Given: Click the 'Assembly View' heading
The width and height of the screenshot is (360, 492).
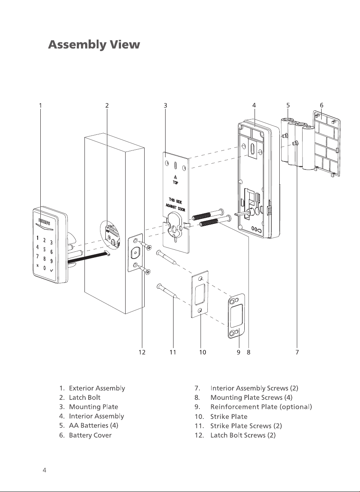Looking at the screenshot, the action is pos(94,45).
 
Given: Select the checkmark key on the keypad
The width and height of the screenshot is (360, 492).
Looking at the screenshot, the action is pos(51,270).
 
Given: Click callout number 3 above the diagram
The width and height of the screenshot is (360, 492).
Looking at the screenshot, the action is pos(165,105).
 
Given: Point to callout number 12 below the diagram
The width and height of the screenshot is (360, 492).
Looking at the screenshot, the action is pos(142,352).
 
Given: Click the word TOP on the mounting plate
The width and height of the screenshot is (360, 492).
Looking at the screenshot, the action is pos(175,182).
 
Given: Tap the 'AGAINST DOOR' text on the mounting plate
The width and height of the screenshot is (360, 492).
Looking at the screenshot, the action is pos(175,207).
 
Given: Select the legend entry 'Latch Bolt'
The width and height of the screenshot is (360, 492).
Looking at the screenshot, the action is pos(84,398).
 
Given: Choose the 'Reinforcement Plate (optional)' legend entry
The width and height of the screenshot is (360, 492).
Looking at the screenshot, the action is pos(261,407).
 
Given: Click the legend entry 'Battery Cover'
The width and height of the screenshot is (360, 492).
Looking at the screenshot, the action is pos(90,435).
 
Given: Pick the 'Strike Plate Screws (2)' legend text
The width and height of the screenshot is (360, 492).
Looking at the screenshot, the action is pos(246,426).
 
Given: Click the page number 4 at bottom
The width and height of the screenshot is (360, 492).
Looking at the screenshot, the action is pos(45,470).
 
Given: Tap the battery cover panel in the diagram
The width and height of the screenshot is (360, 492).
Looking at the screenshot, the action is pos(327,144).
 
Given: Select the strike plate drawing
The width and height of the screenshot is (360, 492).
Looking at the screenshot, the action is pos(200,294).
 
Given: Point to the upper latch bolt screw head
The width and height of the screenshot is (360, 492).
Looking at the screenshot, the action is pos(149,248).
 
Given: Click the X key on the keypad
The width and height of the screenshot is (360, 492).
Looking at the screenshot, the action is pos(38,265).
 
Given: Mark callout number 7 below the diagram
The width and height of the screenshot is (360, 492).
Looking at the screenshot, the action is pos(297,352).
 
